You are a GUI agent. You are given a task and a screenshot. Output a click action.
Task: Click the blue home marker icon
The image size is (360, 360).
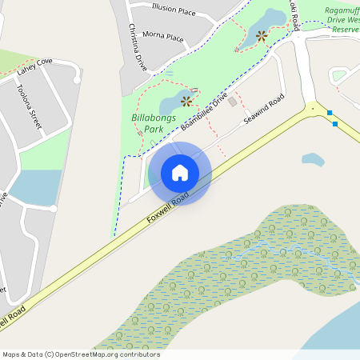point(180,173)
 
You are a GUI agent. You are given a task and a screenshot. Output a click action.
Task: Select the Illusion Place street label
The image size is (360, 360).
point(174,11)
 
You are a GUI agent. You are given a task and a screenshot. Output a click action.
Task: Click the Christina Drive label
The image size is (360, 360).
point(138,46)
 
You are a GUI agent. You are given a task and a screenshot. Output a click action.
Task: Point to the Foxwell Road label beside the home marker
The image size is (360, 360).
point(168,206)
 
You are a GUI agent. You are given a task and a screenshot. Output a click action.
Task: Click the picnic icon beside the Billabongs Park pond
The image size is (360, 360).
point(187,101)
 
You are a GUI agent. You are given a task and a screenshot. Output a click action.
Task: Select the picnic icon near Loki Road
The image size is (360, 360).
point(262,34)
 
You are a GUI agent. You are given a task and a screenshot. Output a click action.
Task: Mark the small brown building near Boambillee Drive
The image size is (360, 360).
point(233,102)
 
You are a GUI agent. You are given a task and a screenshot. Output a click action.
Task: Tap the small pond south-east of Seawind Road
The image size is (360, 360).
point(312,159)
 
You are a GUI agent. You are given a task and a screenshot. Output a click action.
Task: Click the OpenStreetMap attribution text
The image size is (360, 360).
point(81,354)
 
